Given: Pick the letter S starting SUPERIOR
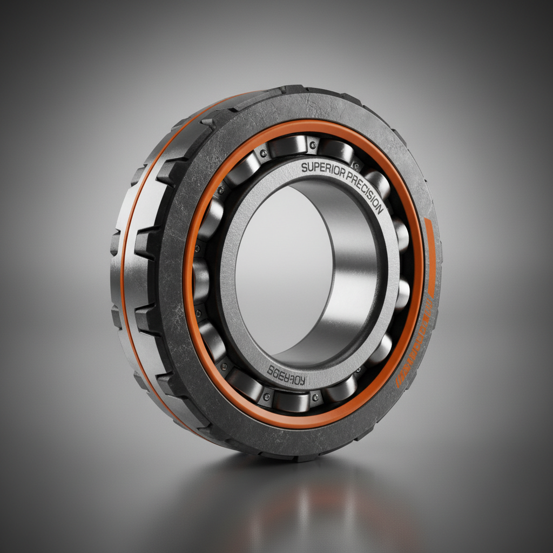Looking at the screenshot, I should (x=305, y=168).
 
